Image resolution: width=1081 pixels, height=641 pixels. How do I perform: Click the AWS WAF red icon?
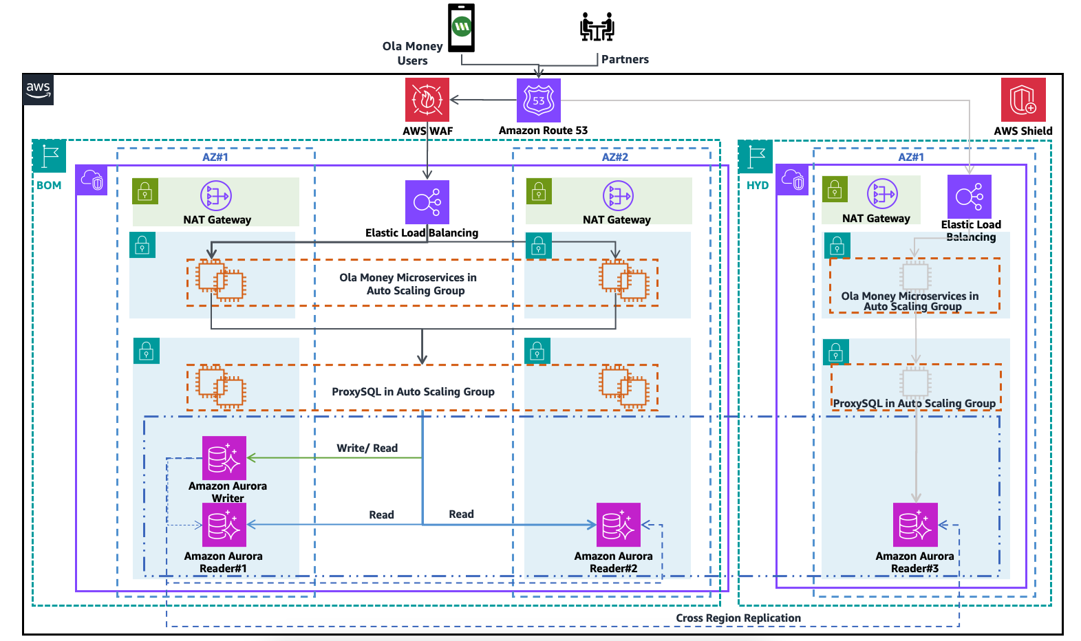(427, 100)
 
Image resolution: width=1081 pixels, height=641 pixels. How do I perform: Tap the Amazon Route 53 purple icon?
(539, 100)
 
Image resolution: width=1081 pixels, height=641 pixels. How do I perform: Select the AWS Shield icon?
(1023, 100)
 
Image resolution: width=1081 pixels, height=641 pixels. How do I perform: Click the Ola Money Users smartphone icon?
(461, 28)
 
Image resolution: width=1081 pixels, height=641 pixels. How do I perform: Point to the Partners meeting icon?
(597, 27)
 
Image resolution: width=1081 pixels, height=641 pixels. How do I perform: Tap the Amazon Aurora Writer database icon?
(224, 458)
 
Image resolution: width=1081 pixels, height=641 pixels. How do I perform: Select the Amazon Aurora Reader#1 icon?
(224, 525)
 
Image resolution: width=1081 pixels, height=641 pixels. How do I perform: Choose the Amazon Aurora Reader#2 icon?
(619, 525)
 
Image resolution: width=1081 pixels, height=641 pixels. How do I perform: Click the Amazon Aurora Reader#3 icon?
(915, 525)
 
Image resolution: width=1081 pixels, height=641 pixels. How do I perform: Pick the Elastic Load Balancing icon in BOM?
(427, 202)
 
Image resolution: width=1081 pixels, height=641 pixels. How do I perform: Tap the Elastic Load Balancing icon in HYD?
(970, 197)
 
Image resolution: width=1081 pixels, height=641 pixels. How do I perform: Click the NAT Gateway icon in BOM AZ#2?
(618, 196)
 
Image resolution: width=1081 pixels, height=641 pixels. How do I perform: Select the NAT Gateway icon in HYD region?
(882, 194)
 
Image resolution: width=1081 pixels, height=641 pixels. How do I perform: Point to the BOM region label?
(49, 186)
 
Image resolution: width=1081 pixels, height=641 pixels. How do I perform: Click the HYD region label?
(758, 186)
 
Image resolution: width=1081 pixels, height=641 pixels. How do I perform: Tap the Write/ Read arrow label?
(367, 448)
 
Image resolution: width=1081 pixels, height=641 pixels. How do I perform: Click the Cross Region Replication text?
(738, 618)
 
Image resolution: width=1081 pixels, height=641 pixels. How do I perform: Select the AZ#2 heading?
(614, 157)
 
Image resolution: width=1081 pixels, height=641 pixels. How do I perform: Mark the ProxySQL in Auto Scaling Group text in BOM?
(413, 392)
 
